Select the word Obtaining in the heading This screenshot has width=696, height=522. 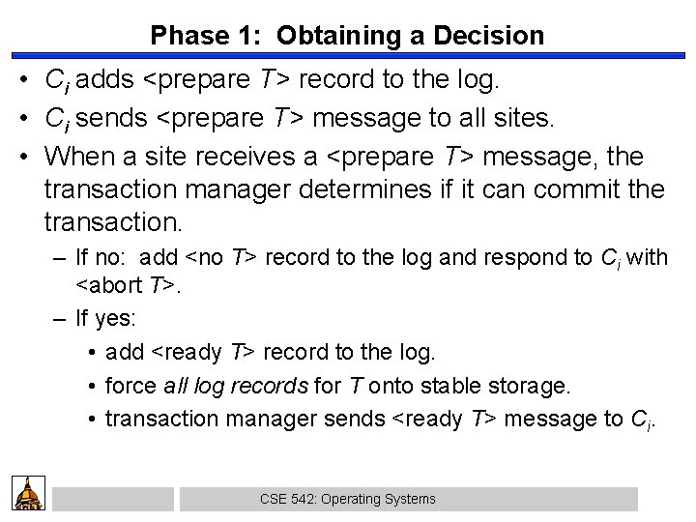327,36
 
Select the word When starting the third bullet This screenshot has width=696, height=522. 75,155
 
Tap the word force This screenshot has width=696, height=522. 130,386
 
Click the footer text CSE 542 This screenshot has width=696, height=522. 280,499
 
